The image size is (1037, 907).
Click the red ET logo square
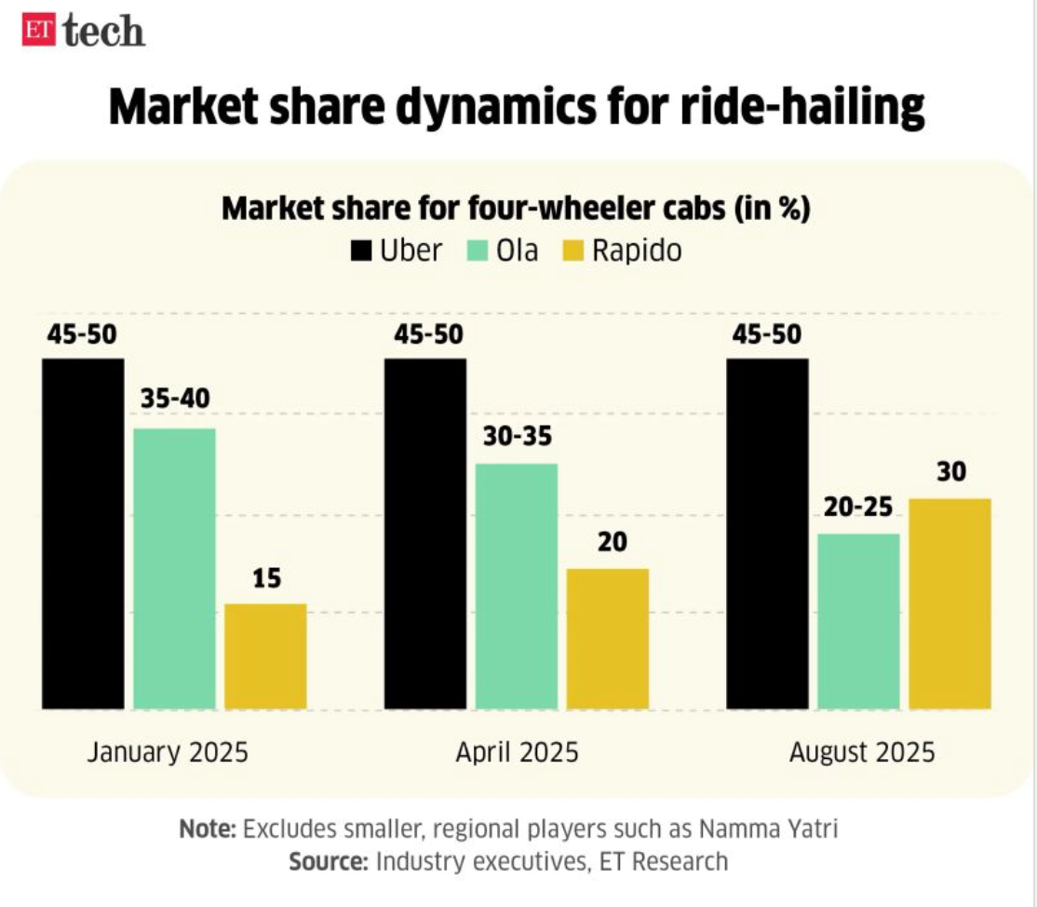pos(39,31)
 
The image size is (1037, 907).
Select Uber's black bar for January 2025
pos(84,534)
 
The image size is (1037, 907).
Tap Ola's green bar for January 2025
pos(175,569)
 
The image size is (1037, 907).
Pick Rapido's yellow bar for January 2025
pos(266,657)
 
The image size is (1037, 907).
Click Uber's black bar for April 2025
pos(425,534)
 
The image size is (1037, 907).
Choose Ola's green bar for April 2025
pos(517,586)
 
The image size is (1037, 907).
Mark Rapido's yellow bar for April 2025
pos(608,639)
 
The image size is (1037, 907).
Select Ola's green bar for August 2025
pos(858,621)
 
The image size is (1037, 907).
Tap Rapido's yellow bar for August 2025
pos(949,604)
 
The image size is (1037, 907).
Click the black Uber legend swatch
pos(361,251)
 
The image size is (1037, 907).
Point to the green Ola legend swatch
pos(478,251)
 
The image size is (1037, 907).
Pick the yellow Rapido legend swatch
pos(573,251)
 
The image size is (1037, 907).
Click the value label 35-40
pos(175,399)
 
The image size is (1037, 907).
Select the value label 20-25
pos(858,508)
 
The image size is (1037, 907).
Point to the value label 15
pos(266,579)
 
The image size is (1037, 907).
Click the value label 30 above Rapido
pos(951,472)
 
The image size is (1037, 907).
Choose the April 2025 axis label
pos(518,752)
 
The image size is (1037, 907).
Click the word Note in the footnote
pos(208,829)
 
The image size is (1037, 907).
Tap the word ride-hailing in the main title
pos(802,107)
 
